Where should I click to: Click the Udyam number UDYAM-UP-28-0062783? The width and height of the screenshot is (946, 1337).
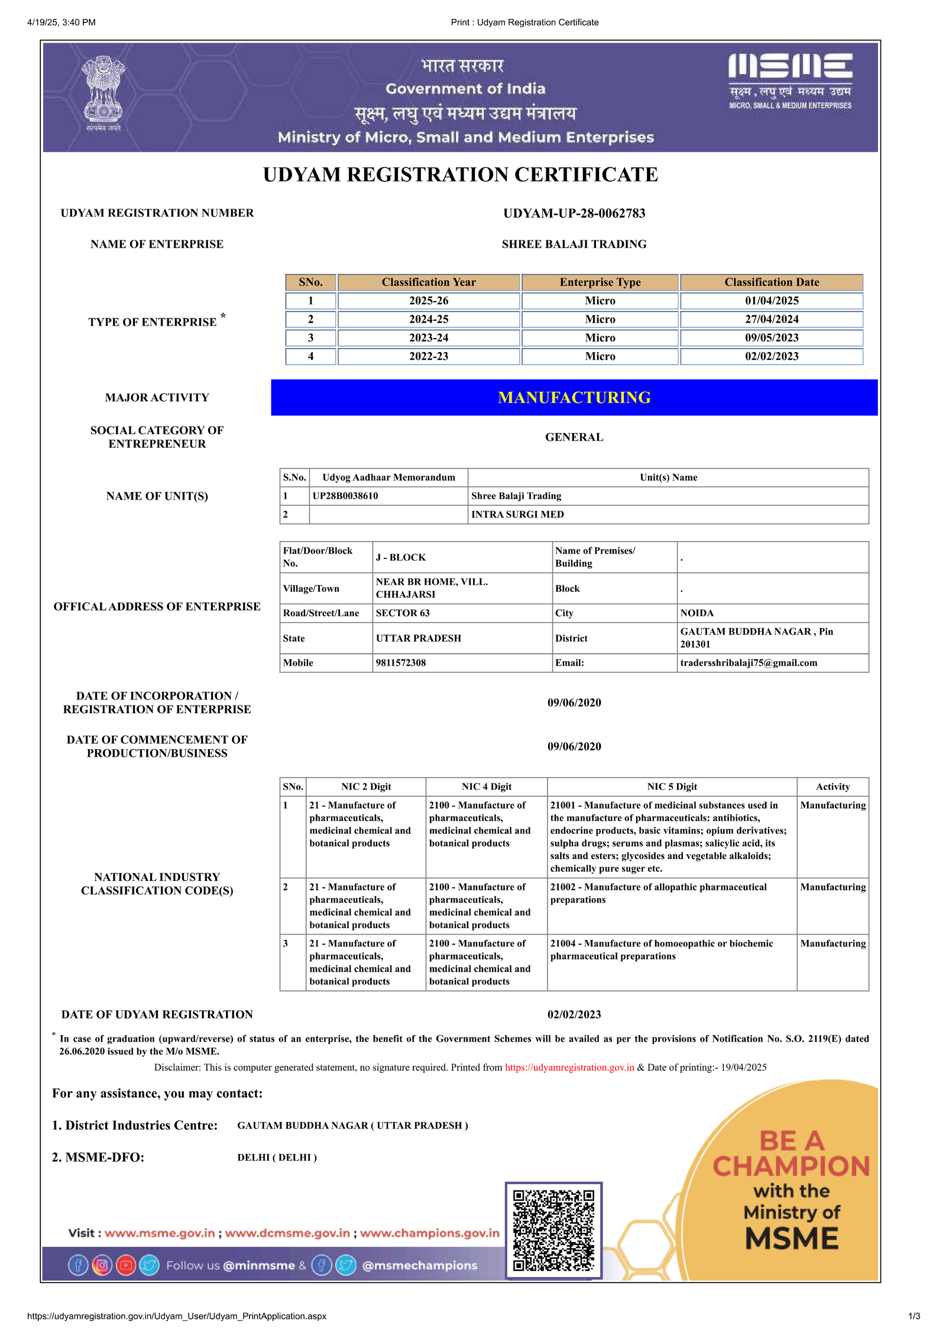click(x=574, y=213)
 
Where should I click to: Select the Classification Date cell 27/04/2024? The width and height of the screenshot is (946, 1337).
click(x=771, y=319)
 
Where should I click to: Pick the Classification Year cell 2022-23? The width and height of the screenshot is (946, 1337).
click(x=429, y=356)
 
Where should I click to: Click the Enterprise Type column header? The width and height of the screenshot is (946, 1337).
click(x=600, y=282)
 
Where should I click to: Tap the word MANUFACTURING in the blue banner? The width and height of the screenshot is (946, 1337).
click(x=574, y=398)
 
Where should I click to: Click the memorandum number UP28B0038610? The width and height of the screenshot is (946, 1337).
click(x=345, y=496)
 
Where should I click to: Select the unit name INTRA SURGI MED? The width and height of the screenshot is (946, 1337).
click(x=517, y=515)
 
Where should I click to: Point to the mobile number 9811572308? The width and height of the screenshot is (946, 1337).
click(x=401, y=663)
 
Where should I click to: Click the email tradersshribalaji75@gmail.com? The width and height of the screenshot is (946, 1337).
click(x=749, y=663)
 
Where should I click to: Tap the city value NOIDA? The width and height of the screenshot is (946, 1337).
click(x=696, y=613)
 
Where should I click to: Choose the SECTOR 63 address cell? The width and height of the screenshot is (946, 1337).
click(x=403, y=613)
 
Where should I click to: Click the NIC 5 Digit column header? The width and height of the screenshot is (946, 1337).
click(x=672, y=787)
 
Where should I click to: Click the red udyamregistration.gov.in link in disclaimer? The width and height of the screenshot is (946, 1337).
click(x=569, y=1068)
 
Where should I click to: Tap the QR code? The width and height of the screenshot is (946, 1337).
click(x=553, y=1230)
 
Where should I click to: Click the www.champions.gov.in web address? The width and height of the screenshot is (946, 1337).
click(x=430, y=1233)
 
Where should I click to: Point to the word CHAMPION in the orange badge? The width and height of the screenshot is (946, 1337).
click(x=791, y=1167)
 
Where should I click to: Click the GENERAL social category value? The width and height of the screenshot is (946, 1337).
click(x=574, y=437)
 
